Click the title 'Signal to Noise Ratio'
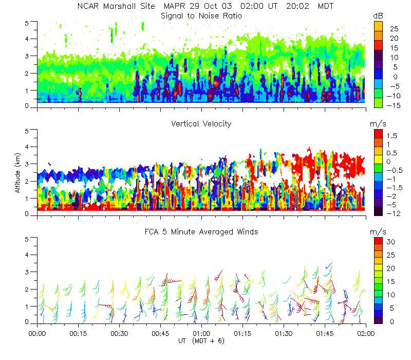201,16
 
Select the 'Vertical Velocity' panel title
201,124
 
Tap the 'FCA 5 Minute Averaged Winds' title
201,232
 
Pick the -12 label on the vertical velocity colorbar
391,212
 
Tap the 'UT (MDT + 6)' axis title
201,341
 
